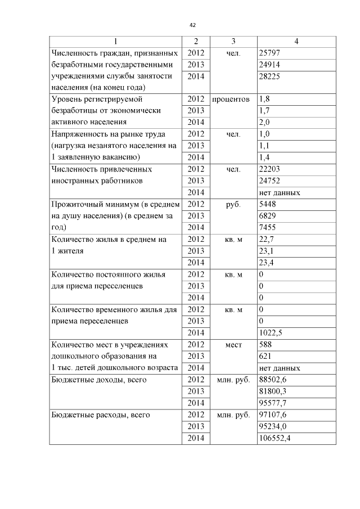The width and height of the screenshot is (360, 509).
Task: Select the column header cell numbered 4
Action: pos(296,42)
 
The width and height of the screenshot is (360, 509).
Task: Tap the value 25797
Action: pos(269,53)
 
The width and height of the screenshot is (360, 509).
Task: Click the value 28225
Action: pos(269,76)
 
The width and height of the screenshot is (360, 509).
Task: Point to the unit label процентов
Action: pos(231,99)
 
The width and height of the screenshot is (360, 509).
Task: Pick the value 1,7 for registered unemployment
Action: pos(264,110)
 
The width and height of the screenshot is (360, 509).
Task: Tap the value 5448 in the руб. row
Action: pos(267,204)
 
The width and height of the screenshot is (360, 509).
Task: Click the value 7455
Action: pos(267,227)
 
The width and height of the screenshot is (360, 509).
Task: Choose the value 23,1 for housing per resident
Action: pos(266,251)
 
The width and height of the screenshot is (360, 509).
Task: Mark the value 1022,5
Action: pos(271,332)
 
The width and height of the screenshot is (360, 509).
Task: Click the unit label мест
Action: pos(233,345)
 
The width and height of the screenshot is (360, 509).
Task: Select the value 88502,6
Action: pos(273,380)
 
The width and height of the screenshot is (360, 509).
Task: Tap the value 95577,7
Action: pos(273,403)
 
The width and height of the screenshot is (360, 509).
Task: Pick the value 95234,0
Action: pos(273,426)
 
